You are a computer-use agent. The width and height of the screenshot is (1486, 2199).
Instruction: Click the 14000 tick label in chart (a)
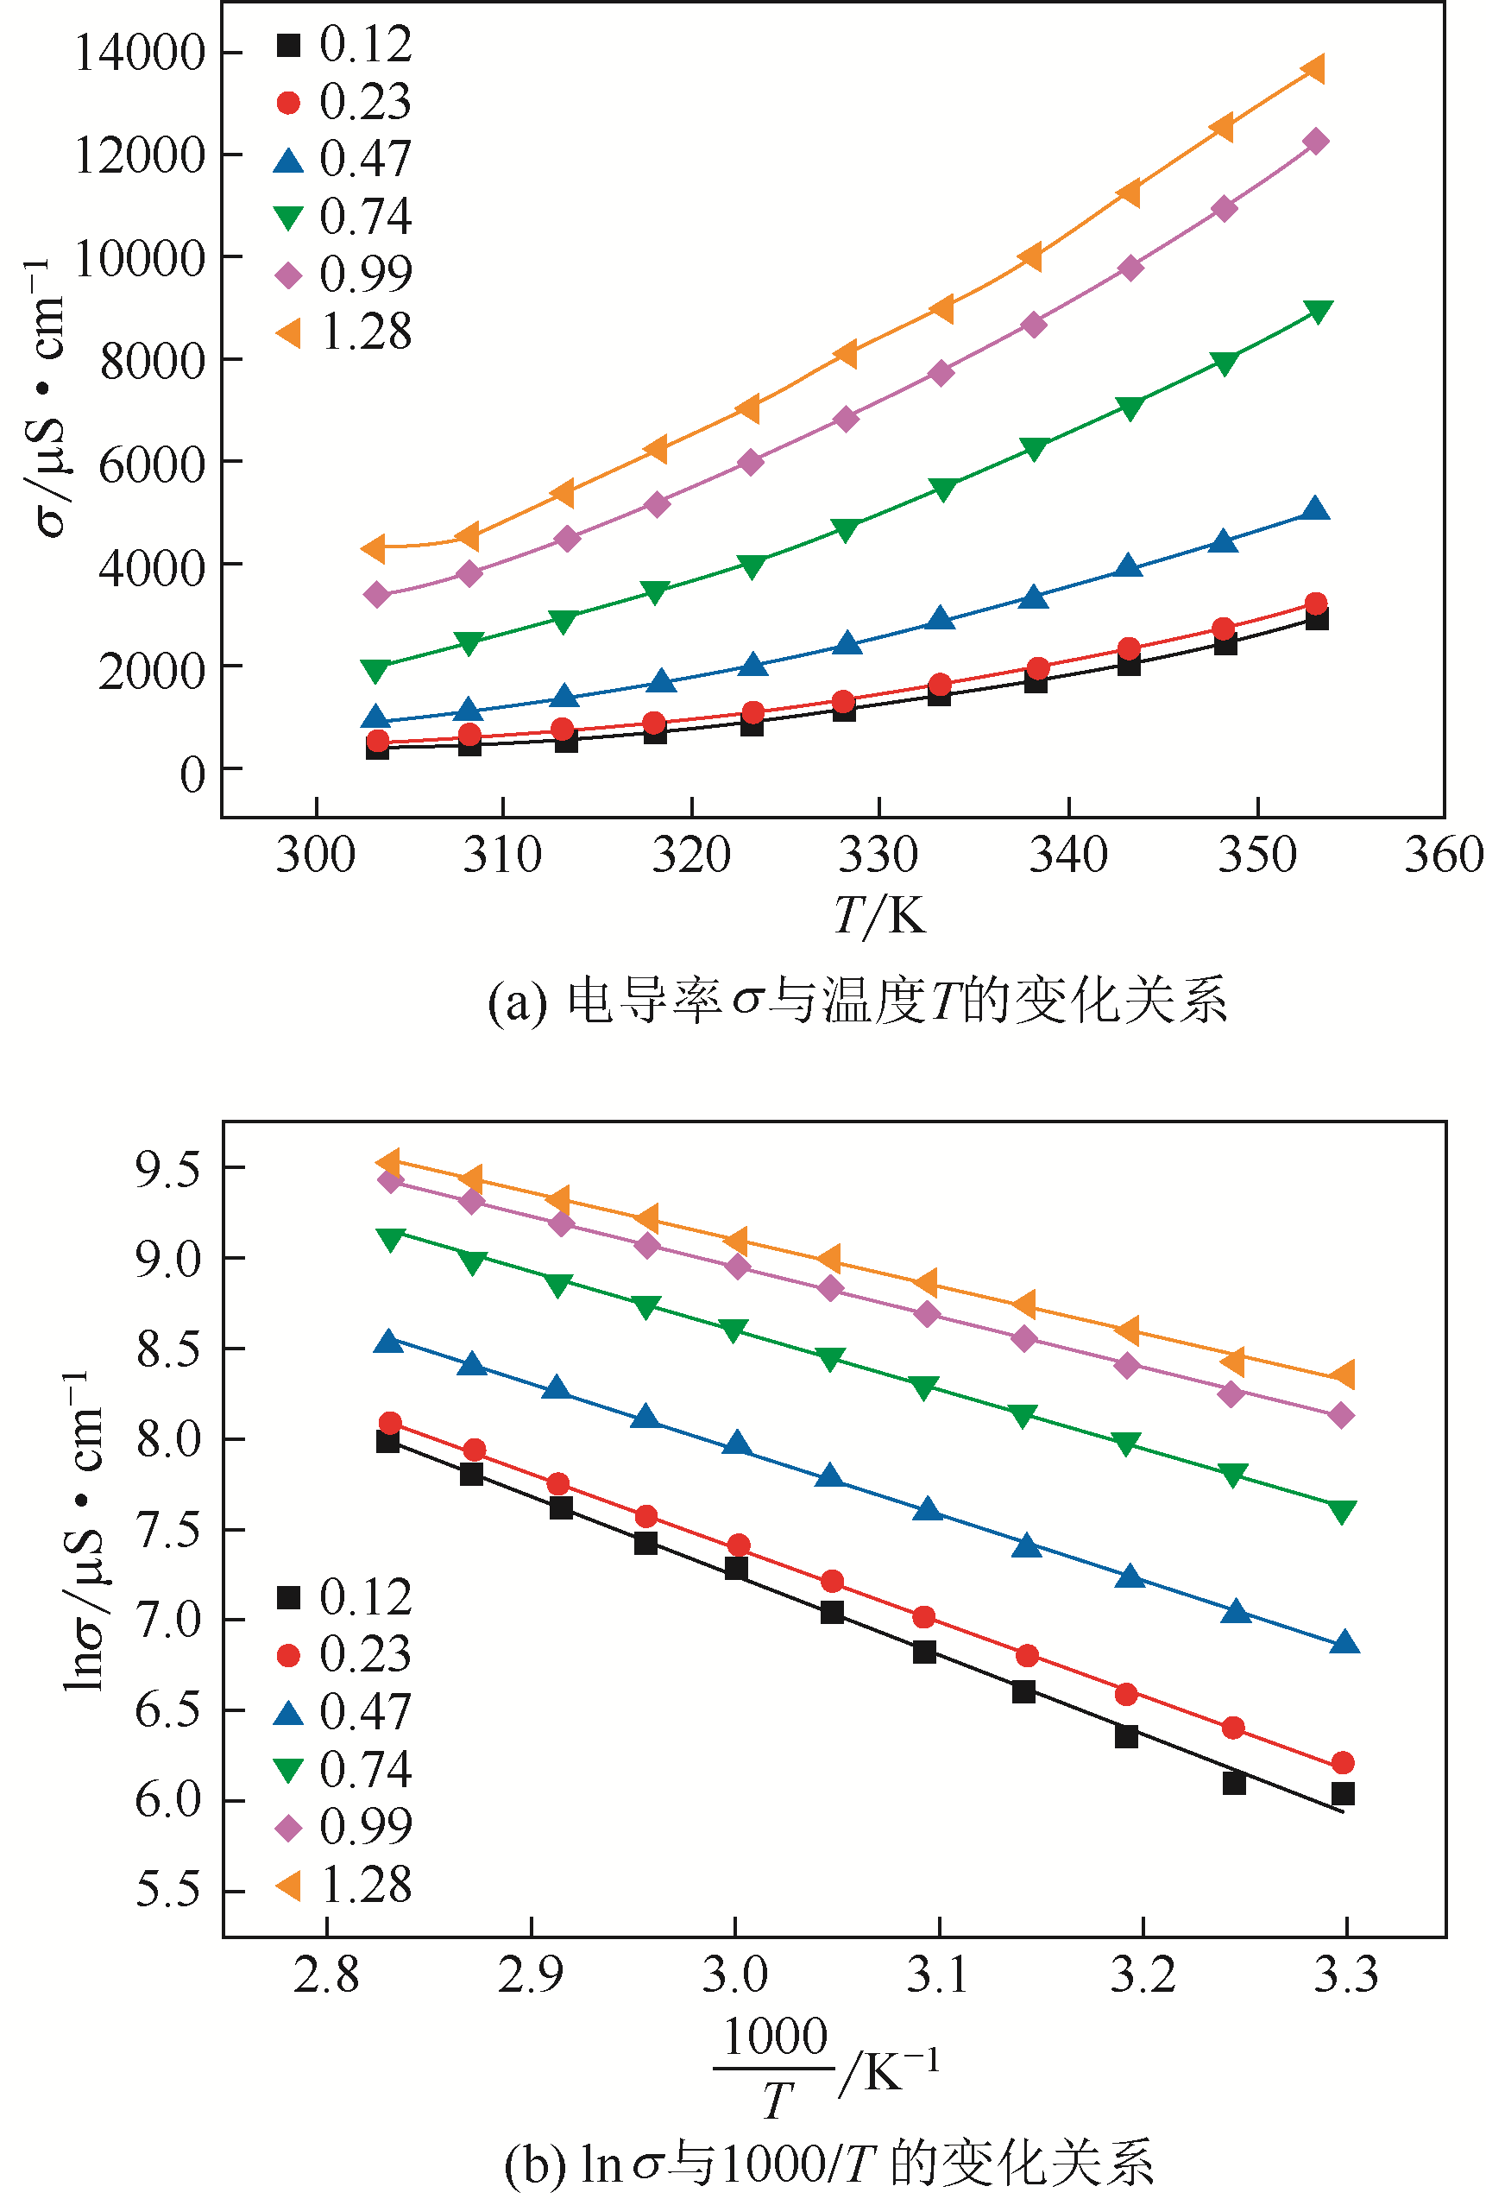tap(139, 53)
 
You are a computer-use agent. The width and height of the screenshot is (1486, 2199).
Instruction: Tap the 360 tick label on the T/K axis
tap(1444, 856)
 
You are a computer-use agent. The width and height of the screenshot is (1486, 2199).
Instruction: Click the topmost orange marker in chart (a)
tap(1313, 69)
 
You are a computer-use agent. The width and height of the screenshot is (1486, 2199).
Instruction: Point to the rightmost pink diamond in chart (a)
tap(1316, 142)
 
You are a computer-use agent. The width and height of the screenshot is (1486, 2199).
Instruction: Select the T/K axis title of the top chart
tap(878, 915)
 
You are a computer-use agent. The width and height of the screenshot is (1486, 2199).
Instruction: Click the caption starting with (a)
tap(857, 1002)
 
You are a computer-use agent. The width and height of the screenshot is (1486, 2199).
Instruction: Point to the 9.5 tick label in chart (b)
tap(168, 1170)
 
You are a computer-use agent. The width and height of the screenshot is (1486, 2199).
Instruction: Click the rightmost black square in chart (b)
tap(1342, 1794)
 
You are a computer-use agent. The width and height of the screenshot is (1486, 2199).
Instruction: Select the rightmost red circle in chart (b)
tap(1342, 1763)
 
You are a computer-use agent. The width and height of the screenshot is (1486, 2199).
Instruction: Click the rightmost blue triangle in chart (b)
tap(1344, 1644)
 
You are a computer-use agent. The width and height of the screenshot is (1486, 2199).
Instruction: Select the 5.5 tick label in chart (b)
tap(168, 1891)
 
